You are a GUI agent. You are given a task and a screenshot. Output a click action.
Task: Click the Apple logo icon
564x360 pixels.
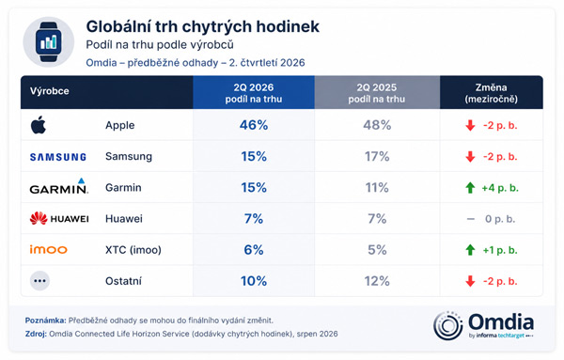point(39,125)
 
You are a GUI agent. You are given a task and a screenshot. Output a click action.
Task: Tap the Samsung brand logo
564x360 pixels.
point(58,157)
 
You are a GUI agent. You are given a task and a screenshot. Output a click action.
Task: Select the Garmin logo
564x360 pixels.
point(59,186)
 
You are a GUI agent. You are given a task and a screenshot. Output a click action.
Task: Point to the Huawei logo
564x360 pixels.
point(59,219)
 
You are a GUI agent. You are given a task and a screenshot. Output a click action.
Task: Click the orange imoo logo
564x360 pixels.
point(49,249)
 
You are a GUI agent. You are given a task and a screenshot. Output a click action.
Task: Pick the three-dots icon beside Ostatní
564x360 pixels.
point(39,281)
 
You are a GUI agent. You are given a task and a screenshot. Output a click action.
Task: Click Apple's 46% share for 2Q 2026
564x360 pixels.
point(254,125)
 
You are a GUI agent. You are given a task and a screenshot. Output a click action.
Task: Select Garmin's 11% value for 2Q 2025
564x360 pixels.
point(377,188)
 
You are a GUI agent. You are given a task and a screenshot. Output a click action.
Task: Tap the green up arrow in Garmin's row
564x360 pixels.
point(470,188)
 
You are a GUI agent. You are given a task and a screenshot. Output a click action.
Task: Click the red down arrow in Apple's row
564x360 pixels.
point(470,126)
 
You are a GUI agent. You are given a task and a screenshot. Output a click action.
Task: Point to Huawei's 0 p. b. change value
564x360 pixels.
point(500,219)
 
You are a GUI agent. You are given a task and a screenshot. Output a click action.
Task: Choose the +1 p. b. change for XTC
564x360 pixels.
point(500,250)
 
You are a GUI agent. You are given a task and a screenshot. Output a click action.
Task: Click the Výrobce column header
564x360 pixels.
point(50,91)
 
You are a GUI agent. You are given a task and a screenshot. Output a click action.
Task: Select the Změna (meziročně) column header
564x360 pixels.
point(492,93)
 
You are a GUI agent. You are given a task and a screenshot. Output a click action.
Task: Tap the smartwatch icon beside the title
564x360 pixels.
point(49,42)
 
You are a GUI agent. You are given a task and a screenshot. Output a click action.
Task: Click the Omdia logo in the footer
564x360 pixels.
point(484,326)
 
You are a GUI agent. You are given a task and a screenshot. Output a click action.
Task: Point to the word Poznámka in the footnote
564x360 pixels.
point(46,321)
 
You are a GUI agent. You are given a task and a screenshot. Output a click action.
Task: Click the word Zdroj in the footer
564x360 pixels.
point(36,334)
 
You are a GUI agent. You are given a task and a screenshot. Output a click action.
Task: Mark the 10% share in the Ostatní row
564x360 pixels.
point(254,281)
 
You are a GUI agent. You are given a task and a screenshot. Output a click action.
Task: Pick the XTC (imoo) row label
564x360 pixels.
point(133,250)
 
